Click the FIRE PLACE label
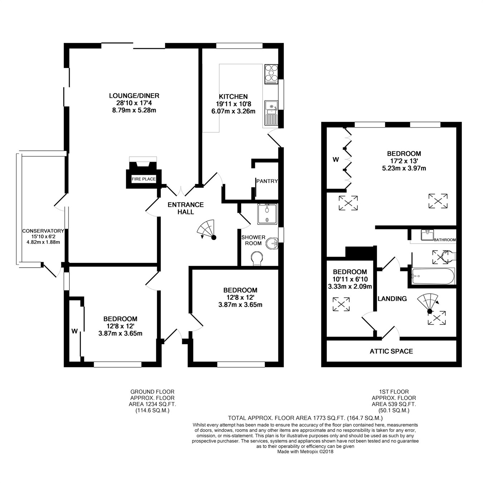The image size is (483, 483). [x=143, y=179]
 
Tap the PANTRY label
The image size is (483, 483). [x=267, y=181]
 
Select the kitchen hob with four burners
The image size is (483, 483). [x=271, y=74]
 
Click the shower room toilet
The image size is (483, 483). [x=257, y=258]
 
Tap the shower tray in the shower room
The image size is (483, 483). [x=267, y=214]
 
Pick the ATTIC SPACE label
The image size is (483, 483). [x=391, y=351]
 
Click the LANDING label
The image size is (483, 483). [x=392, y=299]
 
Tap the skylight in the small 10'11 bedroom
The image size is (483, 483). [x=341, y=304]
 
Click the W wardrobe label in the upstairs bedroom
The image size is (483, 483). [x=336, y=160]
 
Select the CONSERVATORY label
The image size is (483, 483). [x=43, y=231]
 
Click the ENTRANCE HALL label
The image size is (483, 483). [x=186, y=208]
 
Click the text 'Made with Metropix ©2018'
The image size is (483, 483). [x=305, y=452]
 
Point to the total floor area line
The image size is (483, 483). [x=305, y=418]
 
